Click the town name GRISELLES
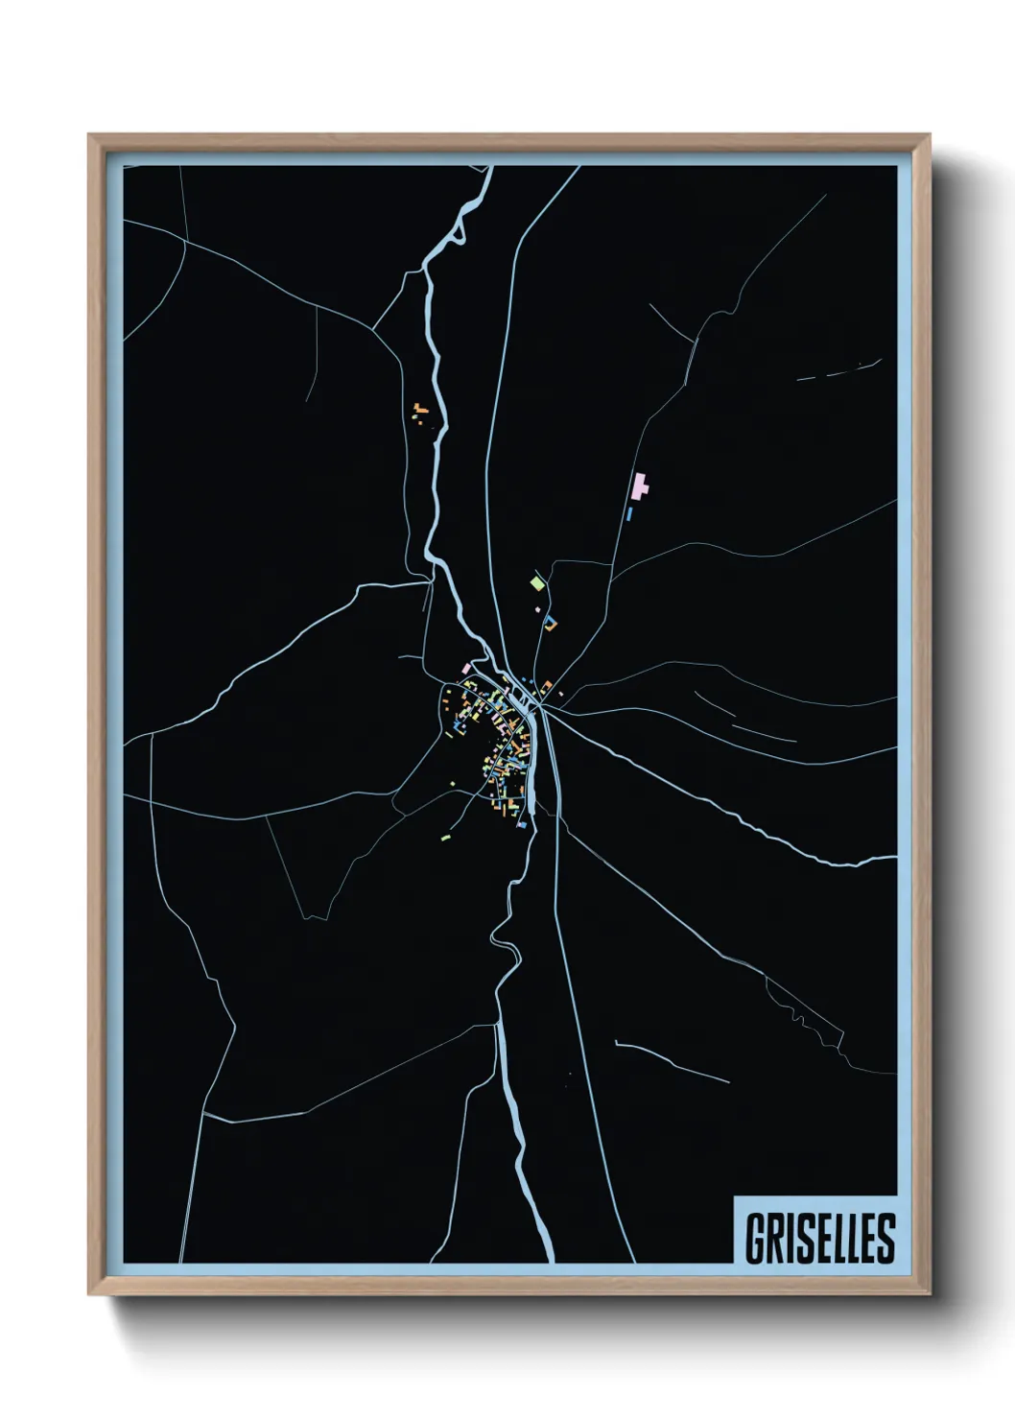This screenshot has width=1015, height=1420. pyautogui.click(x=819, y=1238)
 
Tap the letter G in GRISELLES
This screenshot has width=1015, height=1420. pyautogui.click(x=755, y=1238)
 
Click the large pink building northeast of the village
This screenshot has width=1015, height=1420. pyautogui.click(x=640, y=486)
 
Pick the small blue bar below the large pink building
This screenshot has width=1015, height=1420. pyautogui.click(x=629, y=513)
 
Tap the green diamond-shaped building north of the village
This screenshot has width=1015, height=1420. pyautogui.click(x=537, y=581)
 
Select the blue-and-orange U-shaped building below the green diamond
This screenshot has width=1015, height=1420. pyautogui.click(x=550, y=624)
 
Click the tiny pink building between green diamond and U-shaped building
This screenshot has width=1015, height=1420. pyautogui.click(x=538, y=607)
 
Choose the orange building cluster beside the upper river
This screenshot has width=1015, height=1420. pyautogui.click(x=419, y=413)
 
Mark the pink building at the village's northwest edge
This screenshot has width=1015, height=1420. pyautogui.click(x=466, y=667)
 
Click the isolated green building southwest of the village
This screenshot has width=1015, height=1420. pyautogui.click(x=445, y=838)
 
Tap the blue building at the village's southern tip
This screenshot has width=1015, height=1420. pyautogui.click(x=523, y=824)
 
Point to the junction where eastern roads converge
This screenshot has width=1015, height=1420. pyautogui.click(x=543, y=707)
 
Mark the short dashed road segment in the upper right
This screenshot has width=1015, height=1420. pyautogui.click(x=839, y=371)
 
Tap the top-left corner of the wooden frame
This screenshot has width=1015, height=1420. pyautogui.click(x=90, y=136)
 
